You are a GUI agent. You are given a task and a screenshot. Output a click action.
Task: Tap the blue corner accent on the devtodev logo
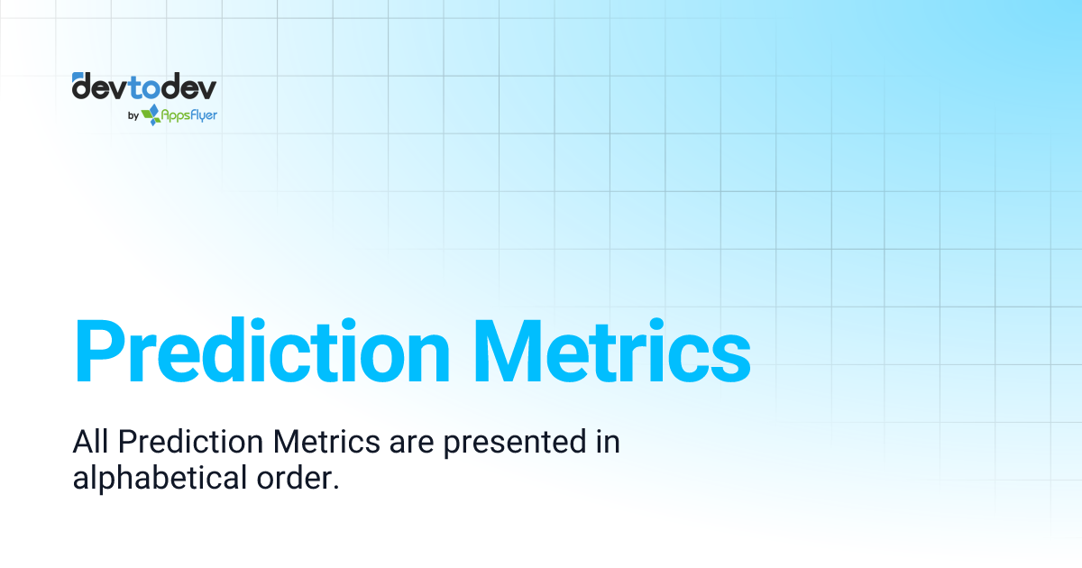[x=77, y=76]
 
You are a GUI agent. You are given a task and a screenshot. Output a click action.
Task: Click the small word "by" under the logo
[x=133, y=115]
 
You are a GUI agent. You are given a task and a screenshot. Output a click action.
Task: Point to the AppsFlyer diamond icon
[x=151, y=114]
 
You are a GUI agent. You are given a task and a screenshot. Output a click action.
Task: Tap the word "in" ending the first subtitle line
[x=607, y=443]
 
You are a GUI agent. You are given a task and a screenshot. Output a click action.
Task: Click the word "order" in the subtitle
[x=290, y=479]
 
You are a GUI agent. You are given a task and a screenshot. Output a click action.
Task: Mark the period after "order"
[x=335, y=487]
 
